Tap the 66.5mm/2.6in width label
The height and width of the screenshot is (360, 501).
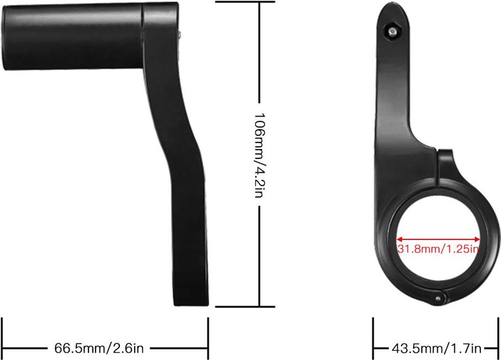coord(99,348)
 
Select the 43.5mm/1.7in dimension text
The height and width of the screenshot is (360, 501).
coord(436,349)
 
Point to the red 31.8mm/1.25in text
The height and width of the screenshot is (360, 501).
coord(438,249)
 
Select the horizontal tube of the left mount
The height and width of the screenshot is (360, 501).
coord(73,37)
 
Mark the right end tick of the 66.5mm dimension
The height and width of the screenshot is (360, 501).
coord(208,337)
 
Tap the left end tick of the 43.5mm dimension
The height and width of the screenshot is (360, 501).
coord(373,337)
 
